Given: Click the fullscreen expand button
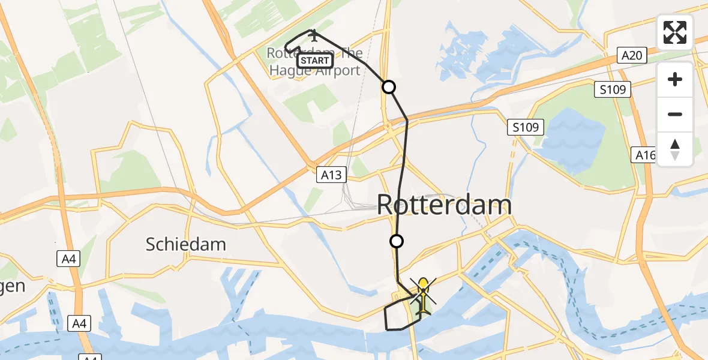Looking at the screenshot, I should [675, 32].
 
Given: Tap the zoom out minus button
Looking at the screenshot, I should [675, 114].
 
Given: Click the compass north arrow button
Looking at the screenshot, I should [675, 149].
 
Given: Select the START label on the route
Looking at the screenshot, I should [315, 61].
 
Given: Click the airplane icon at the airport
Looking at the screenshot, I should [313, 36].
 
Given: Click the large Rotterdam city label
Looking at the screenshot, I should [444, 205].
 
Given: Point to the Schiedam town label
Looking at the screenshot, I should [186, 244].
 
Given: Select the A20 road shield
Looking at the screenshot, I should [632, 56].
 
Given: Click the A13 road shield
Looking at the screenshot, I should [331, 175].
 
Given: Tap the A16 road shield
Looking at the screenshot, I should [646, 155].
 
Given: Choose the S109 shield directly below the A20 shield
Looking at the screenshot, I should [613, 90].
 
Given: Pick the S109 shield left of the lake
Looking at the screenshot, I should [525, 127].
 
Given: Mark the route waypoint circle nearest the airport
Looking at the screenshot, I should [389, 87].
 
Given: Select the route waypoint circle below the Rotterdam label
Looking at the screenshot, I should [396, 242].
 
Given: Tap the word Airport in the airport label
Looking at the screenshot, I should [335, 70].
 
